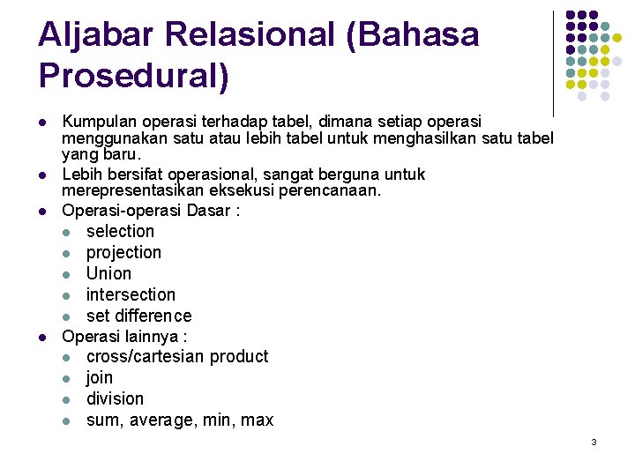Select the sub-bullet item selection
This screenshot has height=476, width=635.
(x=120, y=232)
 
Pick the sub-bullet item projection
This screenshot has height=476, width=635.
(x=123, y=253)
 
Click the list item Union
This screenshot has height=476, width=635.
(x=108, y=274)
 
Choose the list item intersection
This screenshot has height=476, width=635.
(x=131, y=295)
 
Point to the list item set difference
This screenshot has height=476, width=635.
(x=138, y=316)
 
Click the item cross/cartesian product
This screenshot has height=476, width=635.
(x=176, y=357)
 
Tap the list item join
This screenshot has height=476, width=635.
(x=100, y=378)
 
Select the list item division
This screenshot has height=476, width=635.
(x=115, y=399)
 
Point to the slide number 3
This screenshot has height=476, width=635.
(x=594, y=442)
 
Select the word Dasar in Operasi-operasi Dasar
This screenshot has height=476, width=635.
(x=205, y=212)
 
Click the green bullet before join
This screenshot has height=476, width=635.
(x=69, y=379)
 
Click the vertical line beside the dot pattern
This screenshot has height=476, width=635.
(x=553, y=62)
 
